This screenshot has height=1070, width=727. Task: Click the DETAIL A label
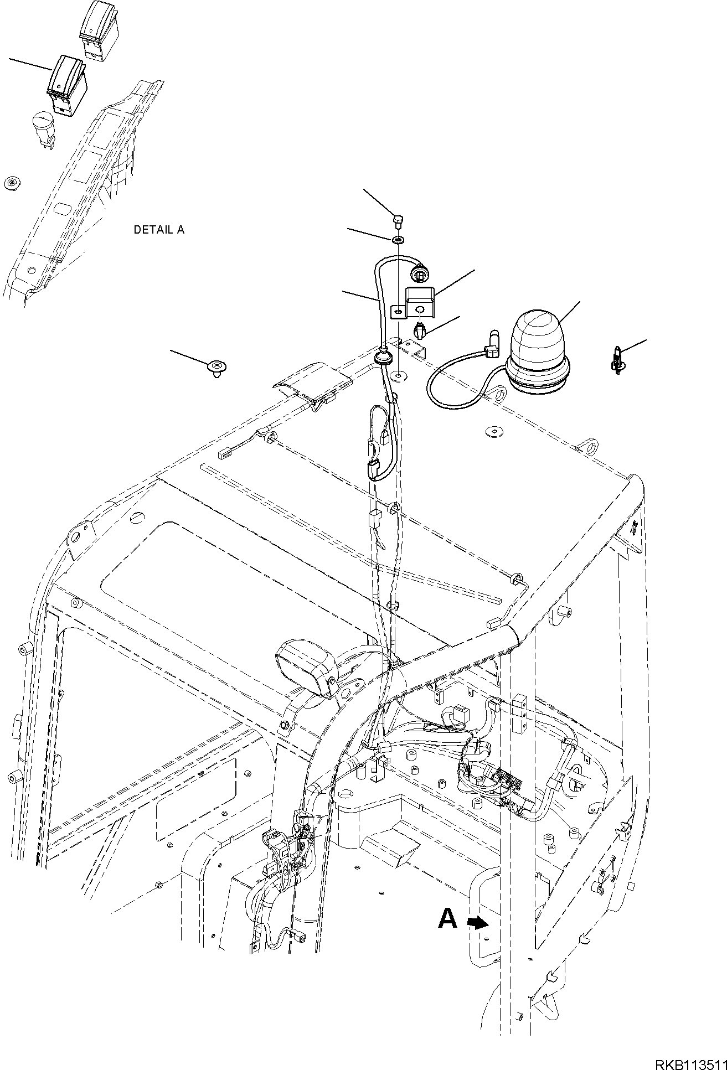[158, 230]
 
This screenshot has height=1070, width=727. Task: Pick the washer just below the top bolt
[398, 240]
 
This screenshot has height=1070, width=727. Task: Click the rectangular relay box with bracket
[422, 302]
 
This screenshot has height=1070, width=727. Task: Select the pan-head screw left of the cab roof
[216, 366]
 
